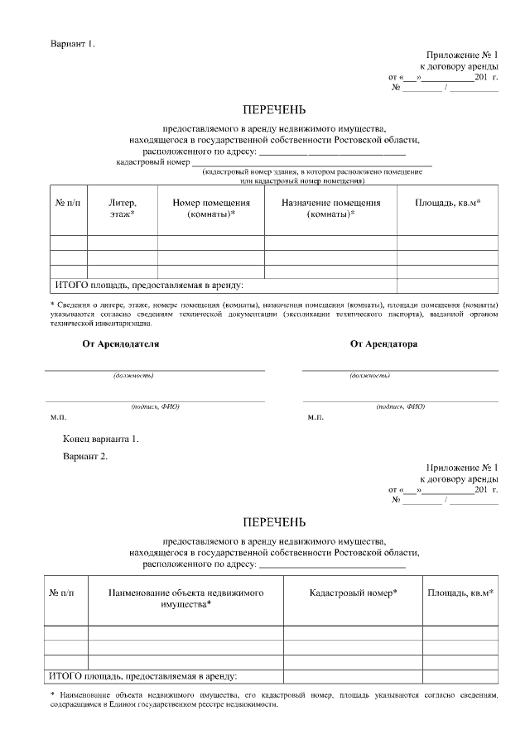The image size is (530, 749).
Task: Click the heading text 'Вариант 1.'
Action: tap(73, 43)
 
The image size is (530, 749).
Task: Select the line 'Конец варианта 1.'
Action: tap(100, 439)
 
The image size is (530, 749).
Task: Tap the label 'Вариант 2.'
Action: tap(85, 456)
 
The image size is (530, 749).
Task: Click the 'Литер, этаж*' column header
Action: tap(122, 209)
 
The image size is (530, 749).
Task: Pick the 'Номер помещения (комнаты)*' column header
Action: tap(210, 209)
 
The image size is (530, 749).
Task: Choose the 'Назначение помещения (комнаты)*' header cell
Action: tap(330, 209)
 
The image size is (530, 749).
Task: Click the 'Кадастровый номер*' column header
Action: tap(353, 593)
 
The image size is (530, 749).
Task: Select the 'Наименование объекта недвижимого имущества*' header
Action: tap(185, 598)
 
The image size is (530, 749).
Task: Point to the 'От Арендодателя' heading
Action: tap(120, 343)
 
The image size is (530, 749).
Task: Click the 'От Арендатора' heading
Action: tap(383, 343)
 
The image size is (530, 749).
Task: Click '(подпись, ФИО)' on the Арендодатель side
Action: tap(155, 406)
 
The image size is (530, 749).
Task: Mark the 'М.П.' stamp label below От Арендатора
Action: tap(316, 418)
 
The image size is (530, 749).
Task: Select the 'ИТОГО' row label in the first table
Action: tap(149, 286)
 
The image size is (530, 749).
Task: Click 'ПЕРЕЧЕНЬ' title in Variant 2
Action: tap(274, 522)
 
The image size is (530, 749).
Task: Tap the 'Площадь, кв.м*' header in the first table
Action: tap(447, 203)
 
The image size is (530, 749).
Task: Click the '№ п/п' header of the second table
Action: tap(65, 593)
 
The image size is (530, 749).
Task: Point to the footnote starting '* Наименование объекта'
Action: tap(274, 700)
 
